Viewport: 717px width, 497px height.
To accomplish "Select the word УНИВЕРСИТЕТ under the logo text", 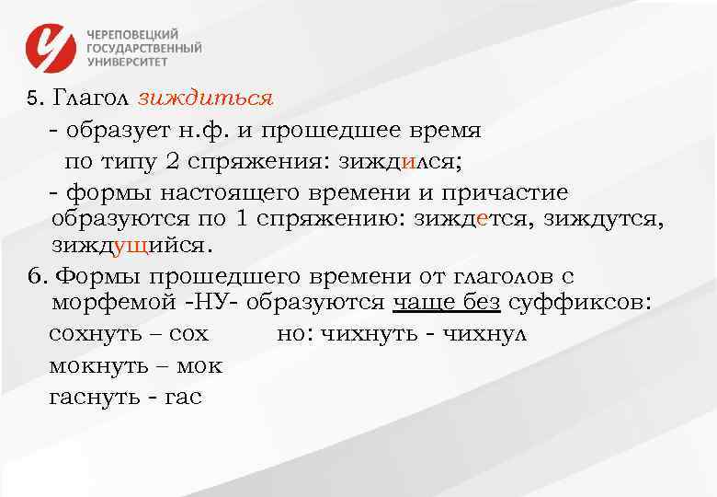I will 128,62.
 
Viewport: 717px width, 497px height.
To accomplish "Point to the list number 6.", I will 35,276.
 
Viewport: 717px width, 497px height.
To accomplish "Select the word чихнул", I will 484,333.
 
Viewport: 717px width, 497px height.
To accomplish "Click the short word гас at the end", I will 183,397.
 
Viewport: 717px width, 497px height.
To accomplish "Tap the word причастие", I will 506,192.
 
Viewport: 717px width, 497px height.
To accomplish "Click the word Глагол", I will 91,98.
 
